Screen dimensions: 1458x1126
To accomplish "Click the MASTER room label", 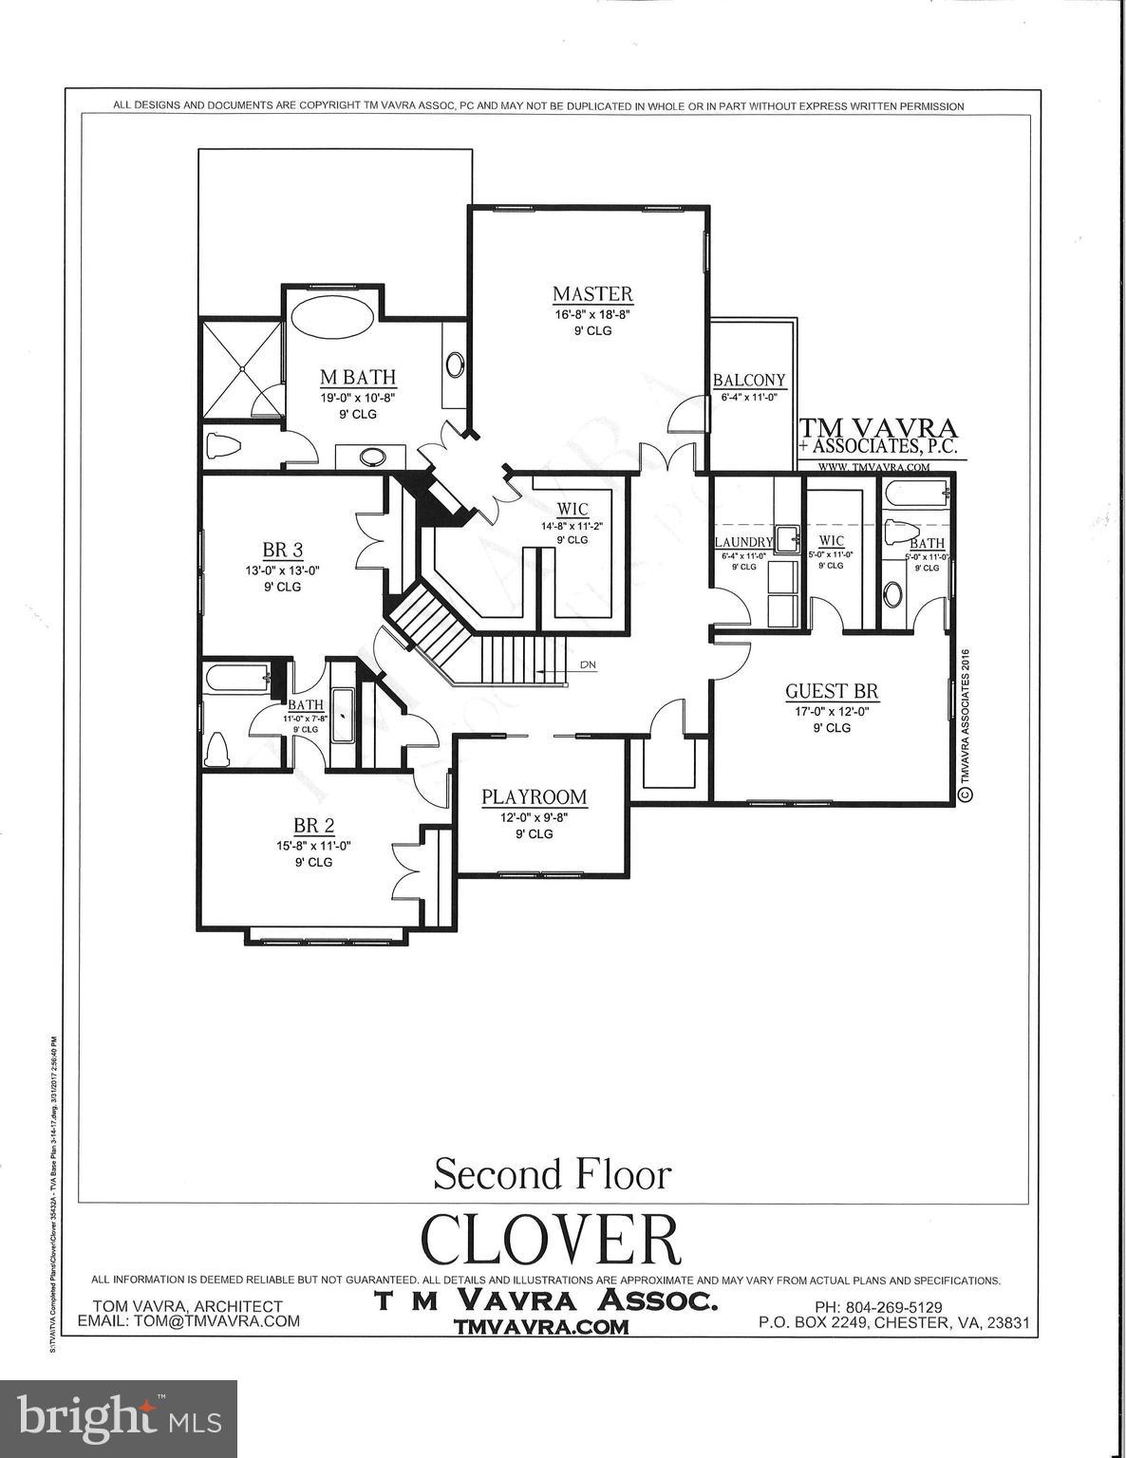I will click(592, 294).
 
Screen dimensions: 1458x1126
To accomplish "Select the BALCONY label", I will click(749, 380).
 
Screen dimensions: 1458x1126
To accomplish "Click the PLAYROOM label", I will click(534, 797).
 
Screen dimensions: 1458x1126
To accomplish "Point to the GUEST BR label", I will click(831, 691).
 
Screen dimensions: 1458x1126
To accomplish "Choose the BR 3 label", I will click(282, 551).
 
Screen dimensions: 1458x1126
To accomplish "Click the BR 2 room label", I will click(312, 826).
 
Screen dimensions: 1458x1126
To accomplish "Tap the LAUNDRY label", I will click(743, 542).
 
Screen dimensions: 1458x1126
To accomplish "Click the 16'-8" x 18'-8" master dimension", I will click(592, 314).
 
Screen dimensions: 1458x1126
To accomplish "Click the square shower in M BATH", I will click(241, 369).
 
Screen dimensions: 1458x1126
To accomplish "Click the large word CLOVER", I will click(551, 1239).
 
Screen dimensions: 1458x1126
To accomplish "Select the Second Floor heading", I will click(552, 1174).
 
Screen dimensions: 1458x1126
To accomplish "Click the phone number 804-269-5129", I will click(878, 1307).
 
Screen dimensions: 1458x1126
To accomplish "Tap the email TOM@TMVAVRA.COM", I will click(189, 1321).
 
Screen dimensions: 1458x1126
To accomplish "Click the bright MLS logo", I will click(119, 1418).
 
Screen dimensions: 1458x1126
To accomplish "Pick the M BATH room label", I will click(357, 378).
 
